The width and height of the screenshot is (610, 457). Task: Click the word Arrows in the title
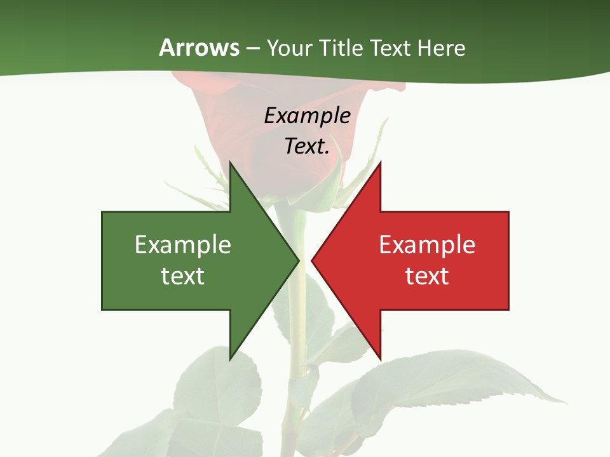(199, 48)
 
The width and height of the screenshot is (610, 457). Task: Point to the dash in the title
(253, 48)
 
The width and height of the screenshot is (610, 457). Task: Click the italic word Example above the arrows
(307, 116)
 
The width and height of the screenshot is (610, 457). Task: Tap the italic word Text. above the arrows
(307, 146)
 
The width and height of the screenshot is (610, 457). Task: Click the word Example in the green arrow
(183, 244)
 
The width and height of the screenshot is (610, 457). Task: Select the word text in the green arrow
(183, 276)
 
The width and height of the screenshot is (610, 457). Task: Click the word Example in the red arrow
(427, 244)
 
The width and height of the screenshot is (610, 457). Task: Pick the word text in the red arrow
(427, 276)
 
